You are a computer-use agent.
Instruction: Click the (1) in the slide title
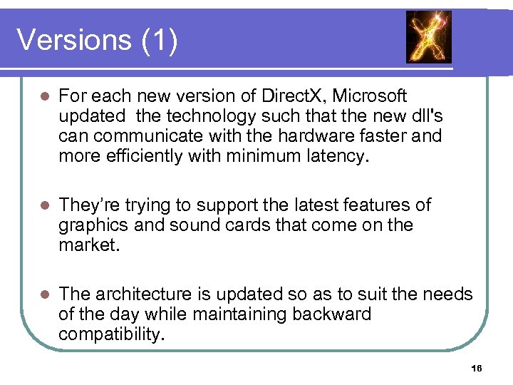click(x=160, y=40)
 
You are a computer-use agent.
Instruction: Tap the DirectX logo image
click(x=428, y=37)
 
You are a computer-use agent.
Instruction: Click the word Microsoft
click(x=370, y=96)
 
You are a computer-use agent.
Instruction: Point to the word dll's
click(x=423, y=115)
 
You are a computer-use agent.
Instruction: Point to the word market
click(x=88, y=245)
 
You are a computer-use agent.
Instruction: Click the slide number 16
click(x=477, y=368)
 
